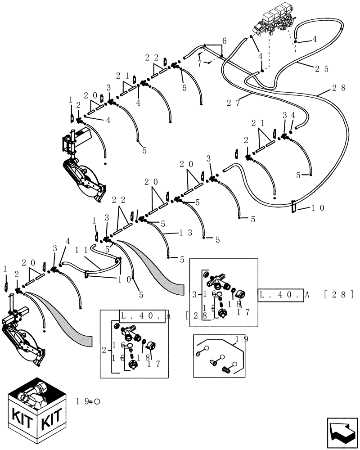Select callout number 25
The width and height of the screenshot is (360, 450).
321,69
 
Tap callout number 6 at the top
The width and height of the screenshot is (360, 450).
224,40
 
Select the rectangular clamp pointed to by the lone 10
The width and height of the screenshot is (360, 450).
293,207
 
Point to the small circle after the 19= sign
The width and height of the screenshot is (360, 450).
96,401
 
